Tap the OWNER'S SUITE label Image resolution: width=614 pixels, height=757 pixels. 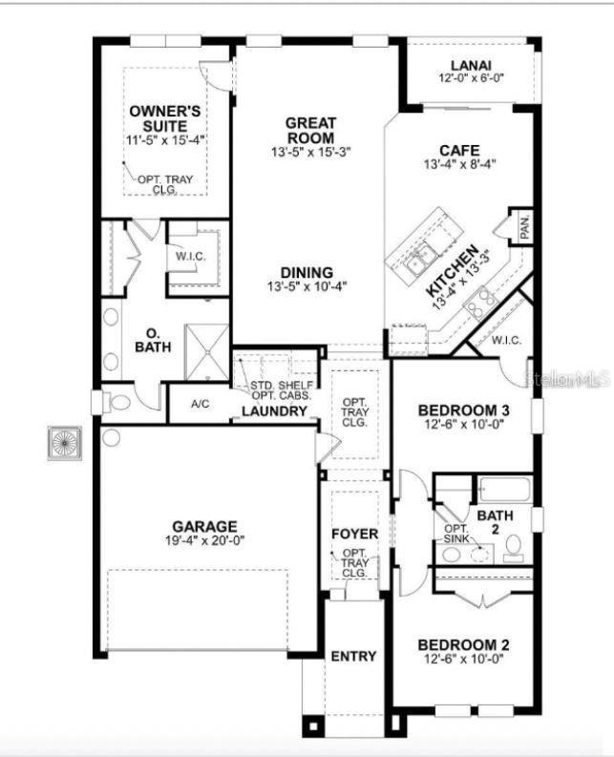coord(166,119)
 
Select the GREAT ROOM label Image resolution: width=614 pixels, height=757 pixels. coord(310,130)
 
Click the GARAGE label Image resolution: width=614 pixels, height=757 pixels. coord(204,526)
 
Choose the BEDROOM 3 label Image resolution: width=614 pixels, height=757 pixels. coord(463,410)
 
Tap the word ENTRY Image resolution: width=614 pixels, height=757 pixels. coord(353,656)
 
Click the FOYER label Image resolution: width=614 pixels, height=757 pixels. coord(354,533)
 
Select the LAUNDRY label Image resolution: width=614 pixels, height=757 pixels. coord(274,411)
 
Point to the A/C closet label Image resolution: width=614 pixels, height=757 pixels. coord(200,404)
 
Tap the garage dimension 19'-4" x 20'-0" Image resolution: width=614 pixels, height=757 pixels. coord(204,539)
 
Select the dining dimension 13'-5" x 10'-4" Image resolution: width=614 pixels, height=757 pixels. coord(307,284)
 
